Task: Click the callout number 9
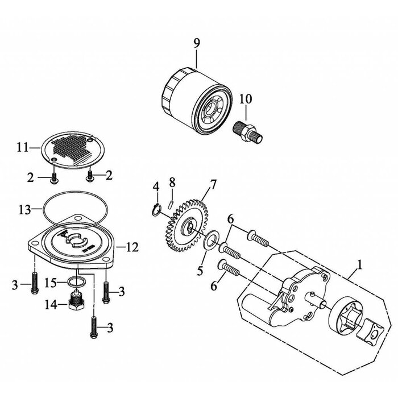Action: pyautogui.click(x=197, y=43)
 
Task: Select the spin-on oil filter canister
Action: pyautogui.click(x=197, y=101)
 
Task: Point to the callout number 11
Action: pyautogui.click(x=23, y=147)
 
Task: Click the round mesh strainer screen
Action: pyautogui.click(x=73, y=150)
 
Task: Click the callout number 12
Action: pyautogui.click(x=132, y=247)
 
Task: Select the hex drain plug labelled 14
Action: pyautogui.click(x=76, y=301)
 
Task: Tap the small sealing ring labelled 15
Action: pyautogui.click(x=76, y=281)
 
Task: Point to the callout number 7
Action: pyautogui.click(x=213, y=185)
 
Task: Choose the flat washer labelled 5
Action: pyautogui.click(x=211, y=240)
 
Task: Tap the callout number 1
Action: pyautogui.click(x=359, y=266)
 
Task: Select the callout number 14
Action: pyautogui.click(x=51, y=305)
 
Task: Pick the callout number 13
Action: pyautogui.click(x=24, y=210)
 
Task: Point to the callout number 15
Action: pyautogui.click(x=51, y=283)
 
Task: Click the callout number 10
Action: pyautogui.click(x=246, y=99)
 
